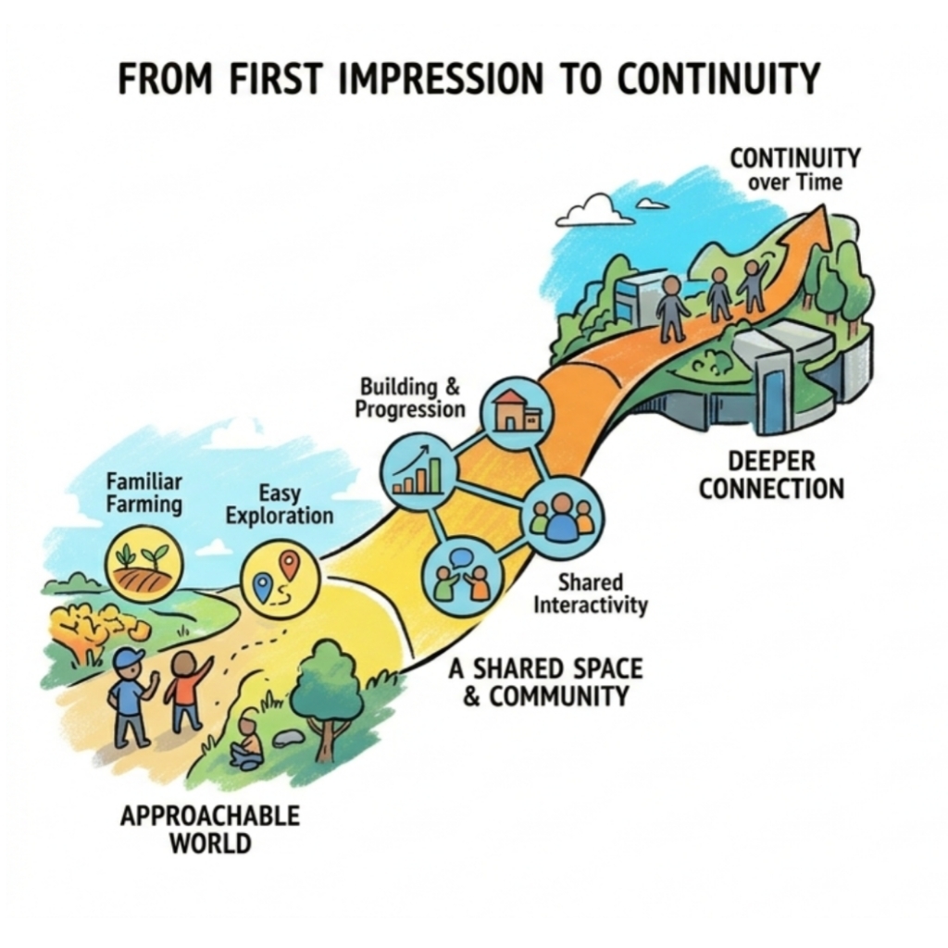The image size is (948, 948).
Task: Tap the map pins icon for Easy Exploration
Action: pyautogui.click(x=280, y=578)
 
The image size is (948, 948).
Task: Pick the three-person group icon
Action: pyautogui.click(x=562, y=516)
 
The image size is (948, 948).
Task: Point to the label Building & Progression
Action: pyautogui.click(x=410, y=397)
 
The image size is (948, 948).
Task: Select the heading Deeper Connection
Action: pyautogui.click(x=771, y=474)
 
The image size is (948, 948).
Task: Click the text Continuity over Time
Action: pyautogui.click(x=795, y=169)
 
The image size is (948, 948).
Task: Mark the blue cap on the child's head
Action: pyautogui.click(x=128, y=659)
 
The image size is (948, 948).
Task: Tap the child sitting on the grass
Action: pyautogui.click(x=248, y=742)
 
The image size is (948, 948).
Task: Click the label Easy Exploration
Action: pyautogui.click(x=280, y=505)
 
